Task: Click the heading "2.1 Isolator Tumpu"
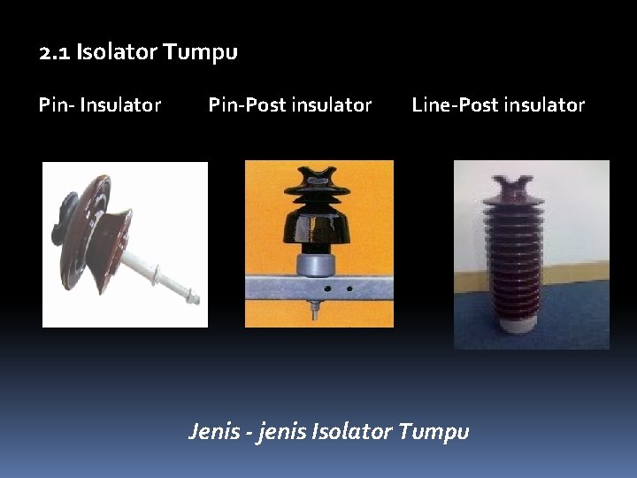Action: point(138,52)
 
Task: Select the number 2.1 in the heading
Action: point(55,52)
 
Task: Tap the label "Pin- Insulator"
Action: point(100,105)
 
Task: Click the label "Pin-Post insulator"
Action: point(289,105)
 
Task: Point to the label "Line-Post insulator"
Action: point(498,105)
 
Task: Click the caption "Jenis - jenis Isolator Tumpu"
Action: point(328,432)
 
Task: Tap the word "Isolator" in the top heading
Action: point(116,52)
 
